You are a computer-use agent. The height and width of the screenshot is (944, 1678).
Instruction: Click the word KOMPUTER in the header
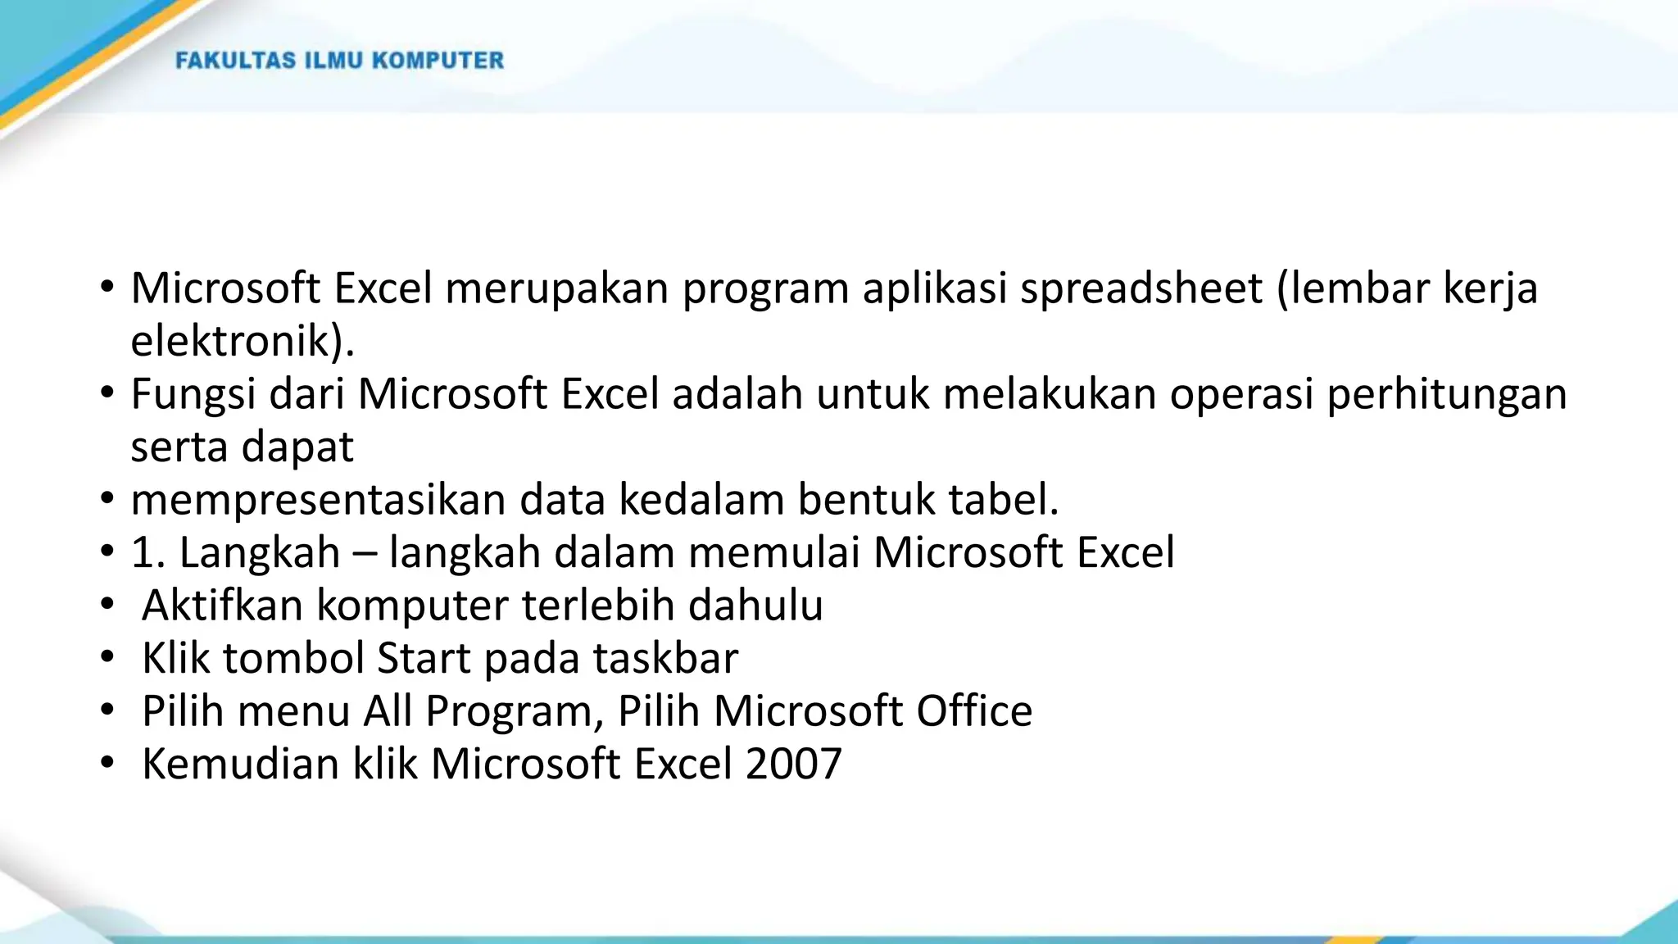[x=438, y=61]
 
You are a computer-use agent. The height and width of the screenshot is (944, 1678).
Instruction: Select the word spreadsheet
[x=1141, y=288]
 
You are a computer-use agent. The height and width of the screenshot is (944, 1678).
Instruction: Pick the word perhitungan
[x=1446, y=394]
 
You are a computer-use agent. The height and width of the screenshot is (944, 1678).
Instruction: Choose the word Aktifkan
[x=223, y=606]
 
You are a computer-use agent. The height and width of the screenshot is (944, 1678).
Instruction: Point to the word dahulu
[x=755, y=606]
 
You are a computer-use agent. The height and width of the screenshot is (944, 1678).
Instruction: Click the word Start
[x=424, y=658]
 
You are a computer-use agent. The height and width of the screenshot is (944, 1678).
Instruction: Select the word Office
[x=974, y=710]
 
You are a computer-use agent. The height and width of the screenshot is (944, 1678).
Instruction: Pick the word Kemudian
[x=241, y=764]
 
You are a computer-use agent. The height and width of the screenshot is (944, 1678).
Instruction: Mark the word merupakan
[x=557, y=288]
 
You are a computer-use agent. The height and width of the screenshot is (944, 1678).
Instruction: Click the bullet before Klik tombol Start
[x=107, y=658]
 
